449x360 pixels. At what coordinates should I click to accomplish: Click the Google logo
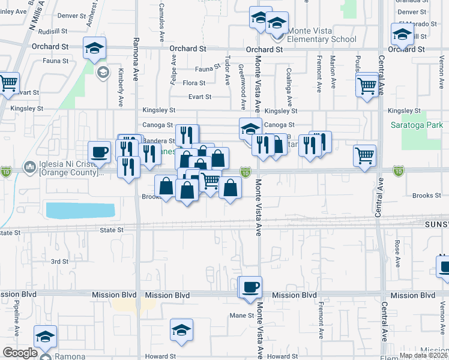point(19,353)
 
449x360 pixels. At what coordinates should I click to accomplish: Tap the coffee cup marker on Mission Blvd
point(250,287)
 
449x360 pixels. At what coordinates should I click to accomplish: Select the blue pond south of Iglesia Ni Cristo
point(80,211)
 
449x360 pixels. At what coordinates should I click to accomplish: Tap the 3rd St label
point(59,262)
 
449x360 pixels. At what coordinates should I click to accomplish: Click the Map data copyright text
point(423,355)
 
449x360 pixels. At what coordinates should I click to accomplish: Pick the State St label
point(112,230)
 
